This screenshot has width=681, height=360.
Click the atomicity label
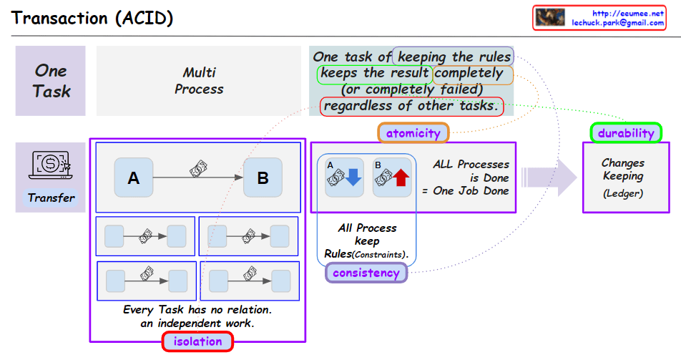(x=413, y=133)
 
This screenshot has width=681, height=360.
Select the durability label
(x=626, y=133)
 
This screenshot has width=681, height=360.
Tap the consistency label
(x=366, y=273)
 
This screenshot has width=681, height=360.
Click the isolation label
(x=197, y=341)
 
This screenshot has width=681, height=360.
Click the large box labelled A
(x=134, y=177)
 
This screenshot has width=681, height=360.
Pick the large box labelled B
(x=263, y=177)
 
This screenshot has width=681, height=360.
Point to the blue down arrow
(x=353, y=177)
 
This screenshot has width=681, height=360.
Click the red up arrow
(x=401, y=177)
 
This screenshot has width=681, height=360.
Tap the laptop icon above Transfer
(x=50, y=165)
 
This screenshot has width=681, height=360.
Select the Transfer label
(x=51, y=198)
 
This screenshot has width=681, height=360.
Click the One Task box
(x=50, y=81)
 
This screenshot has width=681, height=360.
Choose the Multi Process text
(x=199, y=80)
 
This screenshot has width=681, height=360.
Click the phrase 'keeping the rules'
(x=454, y=57)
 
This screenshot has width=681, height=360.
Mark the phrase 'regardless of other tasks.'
(x=411, y=106)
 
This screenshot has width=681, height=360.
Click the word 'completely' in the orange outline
(x=469, y=73)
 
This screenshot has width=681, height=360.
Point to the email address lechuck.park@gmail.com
(x=617, y=23)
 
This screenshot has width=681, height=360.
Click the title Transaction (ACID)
(x=92, y=19)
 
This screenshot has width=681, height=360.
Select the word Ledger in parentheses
(x=623, y=193)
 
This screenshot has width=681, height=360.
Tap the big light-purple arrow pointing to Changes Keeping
(x=549, y=177)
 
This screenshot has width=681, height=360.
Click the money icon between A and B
(x=198, y=169)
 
